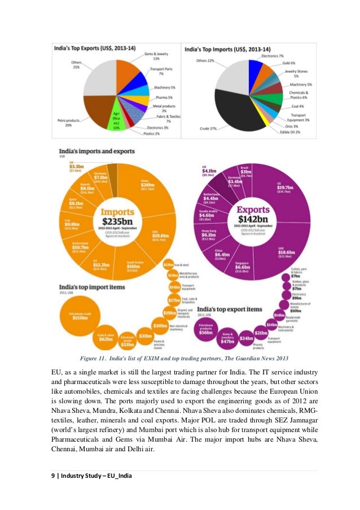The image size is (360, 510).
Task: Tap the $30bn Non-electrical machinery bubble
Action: tap(160, 326)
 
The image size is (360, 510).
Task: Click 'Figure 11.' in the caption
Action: tap(94, 358)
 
